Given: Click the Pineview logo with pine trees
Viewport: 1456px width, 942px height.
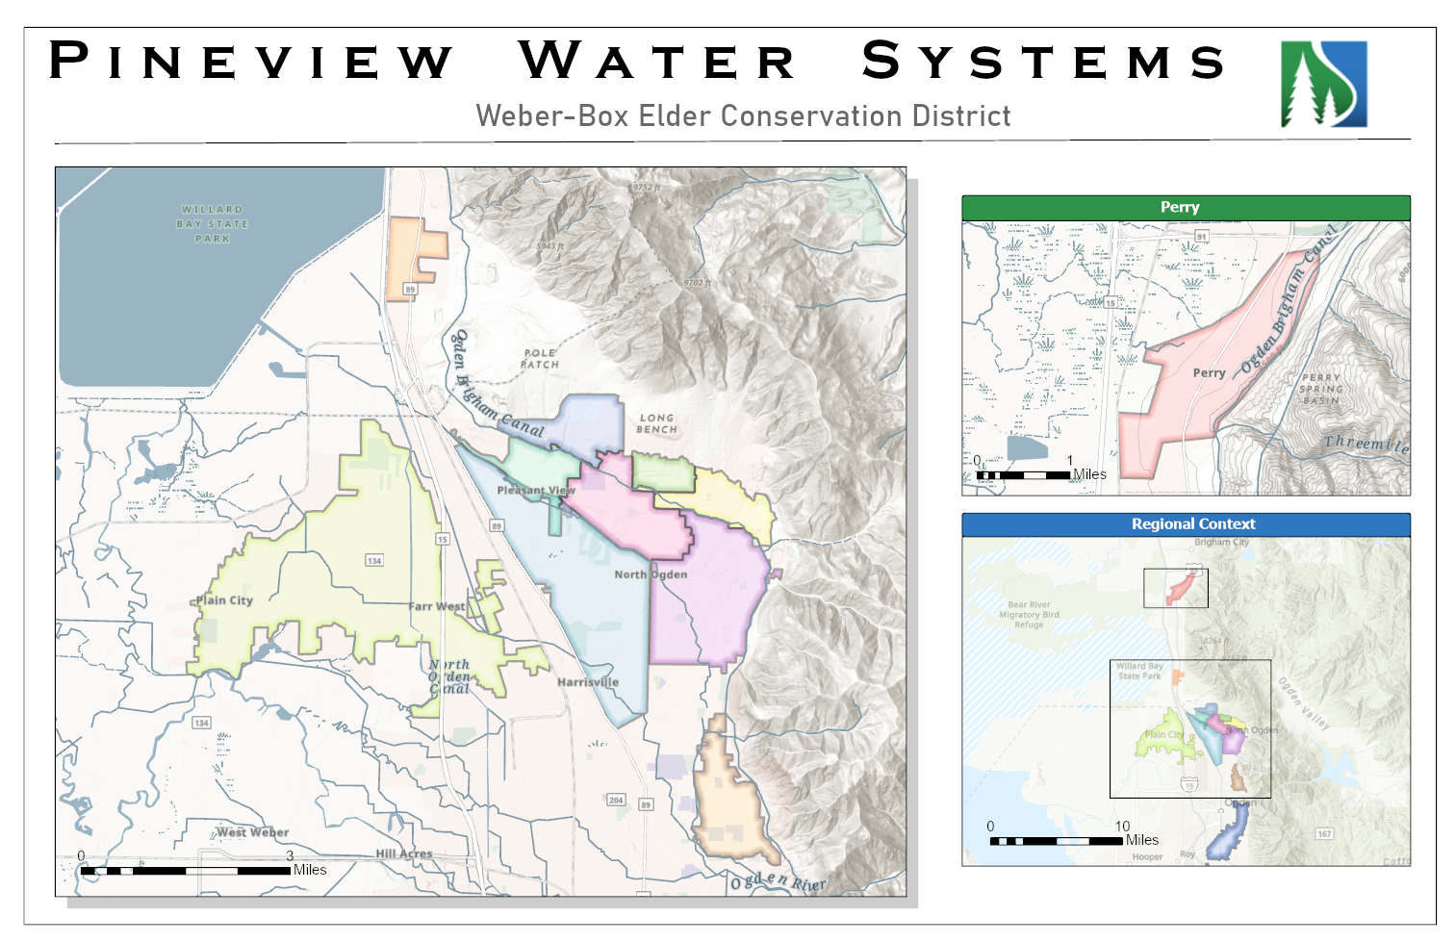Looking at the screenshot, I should [x=1323, y=85].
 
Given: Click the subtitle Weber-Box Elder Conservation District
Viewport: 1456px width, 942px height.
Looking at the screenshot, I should [x=743, y=116].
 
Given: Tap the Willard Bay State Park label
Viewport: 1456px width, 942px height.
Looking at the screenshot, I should [x=213, y=224].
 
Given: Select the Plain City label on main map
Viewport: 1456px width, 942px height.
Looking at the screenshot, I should [x=224, y=600].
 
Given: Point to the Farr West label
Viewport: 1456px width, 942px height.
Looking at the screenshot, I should [x=437, y=606].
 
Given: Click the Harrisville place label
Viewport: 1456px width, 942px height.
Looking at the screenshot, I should [x=588, y=682].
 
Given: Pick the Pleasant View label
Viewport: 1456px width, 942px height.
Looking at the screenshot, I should [x=536, y=490].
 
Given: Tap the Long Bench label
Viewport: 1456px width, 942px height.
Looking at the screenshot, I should [x=656, y=424].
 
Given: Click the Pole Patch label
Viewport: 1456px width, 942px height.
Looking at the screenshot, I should [x=540, y=359].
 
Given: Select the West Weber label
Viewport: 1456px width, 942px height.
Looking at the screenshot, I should [x=252, y=832].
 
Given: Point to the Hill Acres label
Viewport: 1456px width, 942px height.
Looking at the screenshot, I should [x=404, y=853].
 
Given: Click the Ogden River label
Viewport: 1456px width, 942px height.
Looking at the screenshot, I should [x=778, y=881].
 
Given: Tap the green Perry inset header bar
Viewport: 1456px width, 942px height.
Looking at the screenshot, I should [x=1186, y=208].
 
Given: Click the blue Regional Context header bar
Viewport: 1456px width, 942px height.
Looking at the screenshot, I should [x=1186, y=524].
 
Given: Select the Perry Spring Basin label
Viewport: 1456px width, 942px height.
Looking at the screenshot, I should [x=1320, y=389].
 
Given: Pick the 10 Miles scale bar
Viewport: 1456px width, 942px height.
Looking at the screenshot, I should [x=1057, y=841].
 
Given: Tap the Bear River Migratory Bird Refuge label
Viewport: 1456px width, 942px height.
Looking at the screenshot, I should [x=1029, y=615].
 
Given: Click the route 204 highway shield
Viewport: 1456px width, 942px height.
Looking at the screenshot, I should [x=616, y=800].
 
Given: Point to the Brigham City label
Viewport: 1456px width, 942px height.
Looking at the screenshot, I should [x=1221, y=543].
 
